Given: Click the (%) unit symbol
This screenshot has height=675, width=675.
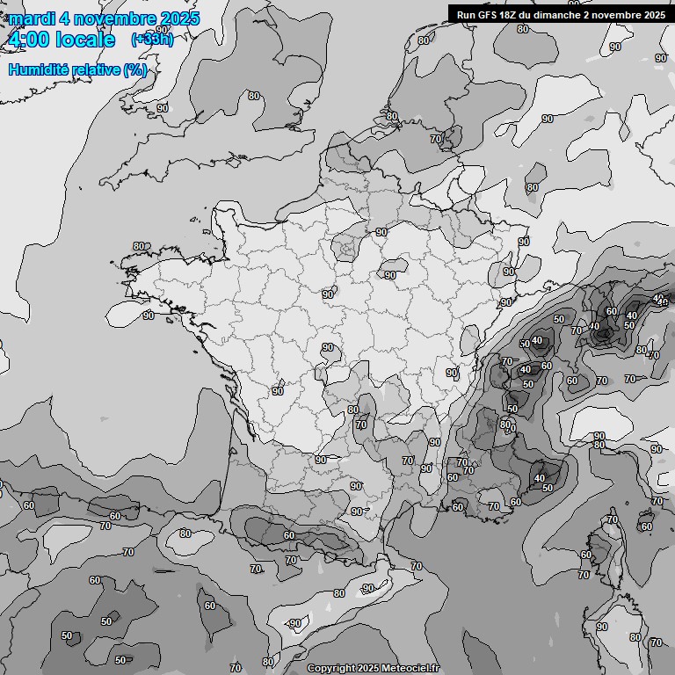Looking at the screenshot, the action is click(x=134, y=69).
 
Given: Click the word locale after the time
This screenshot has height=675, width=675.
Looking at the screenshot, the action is click(x=85, y=40).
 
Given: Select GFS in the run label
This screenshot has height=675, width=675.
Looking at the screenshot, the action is click(x=486, y=14).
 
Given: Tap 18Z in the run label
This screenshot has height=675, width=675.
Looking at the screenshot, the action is click(x=508, y=14).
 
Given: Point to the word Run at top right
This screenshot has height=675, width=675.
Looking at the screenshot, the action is click(x=466, y=14).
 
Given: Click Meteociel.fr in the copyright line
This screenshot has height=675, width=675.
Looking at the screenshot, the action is click(x=409, y=668).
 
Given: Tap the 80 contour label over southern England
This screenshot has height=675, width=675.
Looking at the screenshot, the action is click(x=253, y=96).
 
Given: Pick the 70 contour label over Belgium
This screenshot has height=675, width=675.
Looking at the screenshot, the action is click(x=436, y=139).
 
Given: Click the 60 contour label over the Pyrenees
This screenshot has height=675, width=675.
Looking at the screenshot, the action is click(x=288, y=535).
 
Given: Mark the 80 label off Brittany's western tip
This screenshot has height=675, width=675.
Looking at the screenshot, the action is click(x=139, y=246).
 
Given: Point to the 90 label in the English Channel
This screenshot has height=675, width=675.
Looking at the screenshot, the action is click(x=163, y=108).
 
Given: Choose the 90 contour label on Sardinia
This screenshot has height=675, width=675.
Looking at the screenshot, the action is click(x=601, y=627).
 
